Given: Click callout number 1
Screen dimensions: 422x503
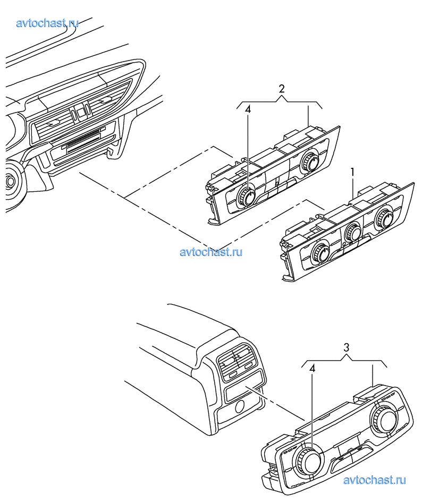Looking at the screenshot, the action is [x=353, y=172].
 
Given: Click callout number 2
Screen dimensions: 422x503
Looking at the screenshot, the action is [x=282, y=89].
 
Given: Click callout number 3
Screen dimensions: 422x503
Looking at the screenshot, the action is [x=347, y=347].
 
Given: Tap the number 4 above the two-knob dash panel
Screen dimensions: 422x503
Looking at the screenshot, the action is [x=248, y=109].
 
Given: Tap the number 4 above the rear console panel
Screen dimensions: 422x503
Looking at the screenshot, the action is [x=312, y=368].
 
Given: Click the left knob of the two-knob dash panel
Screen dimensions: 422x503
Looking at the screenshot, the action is [x=246, y=197].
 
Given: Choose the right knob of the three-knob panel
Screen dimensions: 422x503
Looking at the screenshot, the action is [x=383, y=217].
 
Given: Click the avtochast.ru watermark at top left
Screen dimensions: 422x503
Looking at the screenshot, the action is [x=47, y=23].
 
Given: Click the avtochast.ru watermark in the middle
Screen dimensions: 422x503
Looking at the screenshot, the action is [x=211, y=252].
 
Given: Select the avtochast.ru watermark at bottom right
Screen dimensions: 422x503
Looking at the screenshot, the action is [x=375, y=480].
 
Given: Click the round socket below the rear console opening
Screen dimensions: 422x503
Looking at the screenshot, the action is [x=239, y=408].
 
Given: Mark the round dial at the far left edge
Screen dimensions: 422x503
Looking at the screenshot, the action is [x=11, y=182].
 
